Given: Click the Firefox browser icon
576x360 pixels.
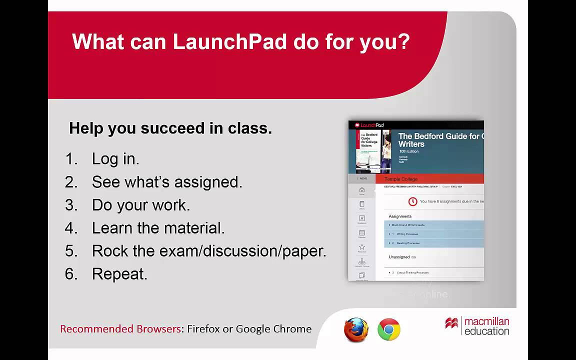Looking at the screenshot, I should (356, 330).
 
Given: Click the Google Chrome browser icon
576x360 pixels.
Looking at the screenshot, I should (388, 330).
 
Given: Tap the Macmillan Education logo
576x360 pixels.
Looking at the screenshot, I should (477, 326).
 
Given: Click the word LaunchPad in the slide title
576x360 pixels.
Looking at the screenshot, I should (229, 41).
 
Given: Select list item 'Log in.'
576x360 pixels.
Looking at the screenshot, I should (115, 159).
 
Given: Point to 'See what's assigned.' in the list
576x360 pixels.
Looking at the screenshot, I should (166, 182).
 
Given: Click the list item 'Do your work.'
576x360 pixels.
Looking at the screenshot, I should (140, 205).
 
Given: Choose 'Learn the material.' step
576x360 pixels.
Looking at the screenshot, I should (158, 228).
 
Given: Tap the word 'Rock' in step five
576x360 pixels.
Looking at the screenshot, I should (109, 251).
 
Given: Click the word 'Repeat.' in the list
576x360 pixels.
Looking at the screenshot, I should (119, 274).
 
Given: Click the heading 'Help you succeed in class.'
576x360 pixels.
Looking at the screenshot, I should (170, 128).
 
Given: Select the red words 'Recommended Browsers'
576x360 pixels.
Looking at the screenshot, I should (120, 329).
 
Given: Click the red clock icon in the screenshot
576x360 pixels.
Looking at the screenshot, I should (412, 201).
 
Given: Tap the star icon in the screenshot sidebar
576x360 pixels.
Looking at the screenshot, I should (362, 247).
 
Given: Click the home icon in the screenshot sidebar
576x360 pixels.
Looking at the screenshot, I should (362, 190).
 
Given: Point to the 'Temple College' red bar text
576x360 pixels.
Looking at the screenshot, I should (400, 179).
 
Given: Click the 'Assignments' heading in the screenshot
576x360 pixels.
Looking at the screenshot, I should (400, 216).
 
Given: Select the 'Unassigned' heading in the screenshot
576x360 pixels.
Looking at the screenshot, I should (399, 257).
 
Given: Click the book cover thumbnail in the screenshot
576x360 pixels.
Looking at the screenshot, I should (373, 151).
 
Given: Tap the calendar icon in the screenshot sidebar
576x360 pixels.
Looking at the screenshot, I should (362, 233).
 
